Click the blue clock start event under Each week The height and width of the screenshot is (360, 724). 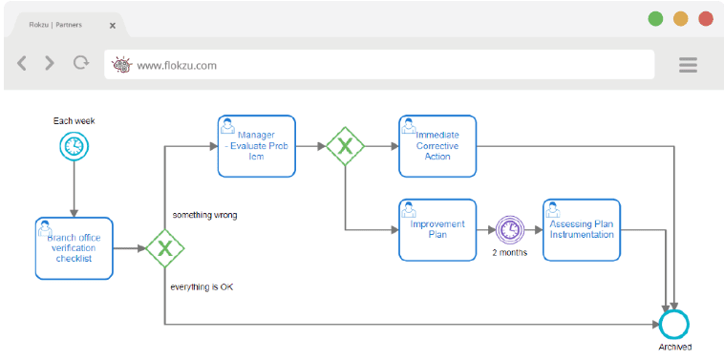coord(73,146)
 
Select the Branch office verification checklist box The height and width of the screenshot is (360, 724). coord(74,248)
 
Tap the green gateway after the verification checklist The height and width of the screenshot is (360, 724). coord(165,249)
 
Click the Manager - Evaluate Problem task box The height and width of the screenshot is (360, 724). coord(256,146)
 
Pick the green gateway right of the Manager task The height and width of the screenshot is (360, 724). coord(345,146)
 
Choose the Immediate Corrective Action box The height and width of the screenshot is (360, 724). coord(437,146)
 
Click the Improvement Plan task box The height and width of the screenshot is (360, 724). coord(437,230)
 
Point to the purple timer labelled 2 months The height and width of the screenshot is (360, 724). coord(510,230)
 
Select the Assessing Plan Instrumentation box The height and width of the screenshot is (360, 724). coord(582,230)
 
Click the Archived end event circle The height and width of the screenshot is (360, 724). coord(674,325)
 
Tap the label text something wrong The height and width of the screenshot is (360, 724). coord(204,215)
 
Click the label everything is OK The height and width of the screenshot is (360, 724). coord(202,286)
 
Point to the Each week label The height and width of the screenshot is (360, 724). coord(74,121)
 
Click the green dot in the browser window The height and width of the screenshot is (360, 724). coord(656,18)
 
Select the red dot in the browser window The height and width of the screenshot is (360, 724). coord(706,18)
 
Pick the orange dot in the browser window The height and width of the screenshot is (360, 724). coord(681,18)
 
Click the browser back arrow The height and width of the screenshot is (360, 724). coord(22,64)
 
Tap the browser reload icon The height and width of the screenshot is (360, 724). coord(80,64)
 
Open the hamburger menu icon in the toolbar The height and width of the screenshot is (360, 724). coord(688,65)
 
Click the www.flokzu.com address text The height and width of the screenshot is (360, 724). coord(177,65)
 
